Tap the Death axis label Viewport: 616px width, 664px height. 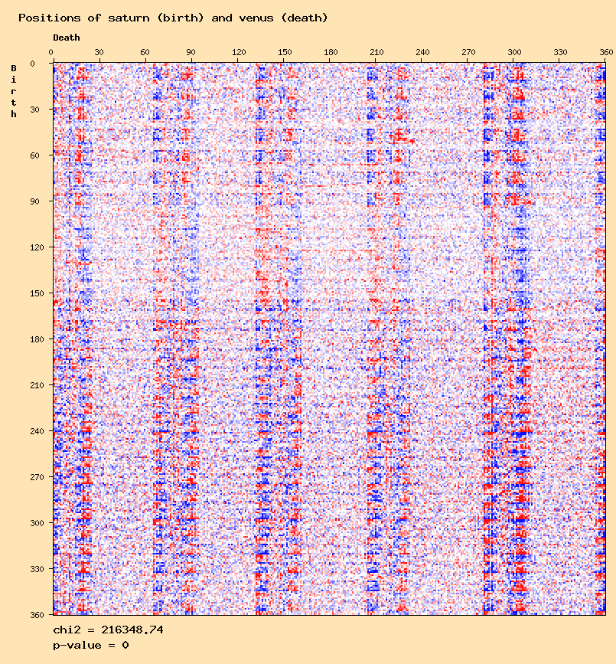tap(66, 38)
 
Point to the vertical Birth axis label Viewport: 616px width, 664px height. tap(13, 91)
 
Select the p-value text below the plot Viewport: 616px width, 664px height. tap(90, 645)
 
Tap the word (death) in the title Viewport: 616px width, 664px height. tap(305, 17)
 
